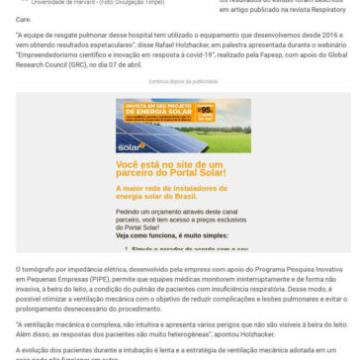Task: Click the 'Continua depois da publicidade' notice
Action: (179, 69)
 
